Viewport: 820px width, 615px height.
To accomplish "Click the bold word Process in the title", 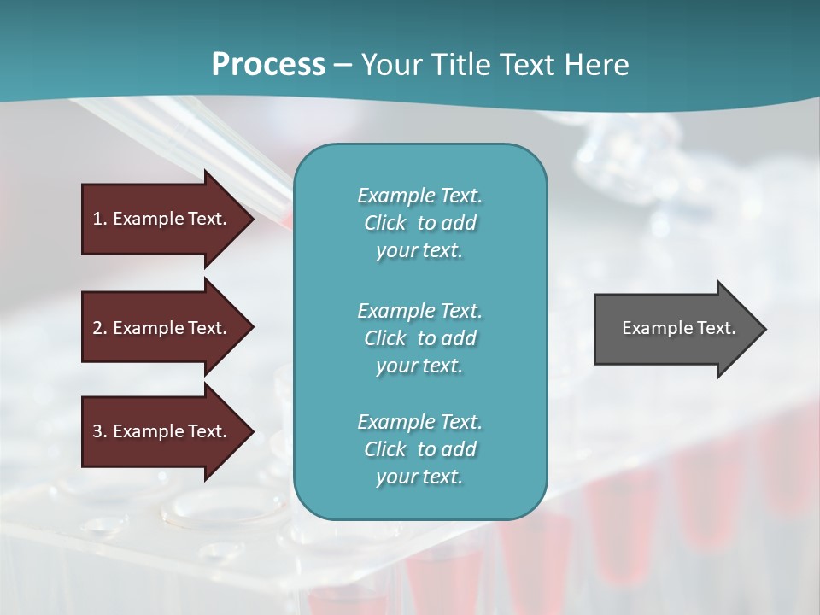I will pos(268,65).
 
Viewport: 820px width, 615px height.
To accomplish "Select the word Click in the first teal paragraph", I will pos(384,223).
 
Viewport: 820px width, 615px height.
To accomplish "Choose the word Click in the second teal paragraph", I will pos(384,338).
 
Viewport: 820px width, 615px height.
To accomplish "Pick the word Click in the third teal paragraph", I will pos(384,449).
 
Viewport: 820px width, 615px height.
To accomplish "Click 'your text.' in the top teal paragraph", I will pos(419,251).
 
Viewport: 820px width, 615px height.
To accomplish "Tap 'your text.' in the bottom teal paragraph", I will pos(419,477).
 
